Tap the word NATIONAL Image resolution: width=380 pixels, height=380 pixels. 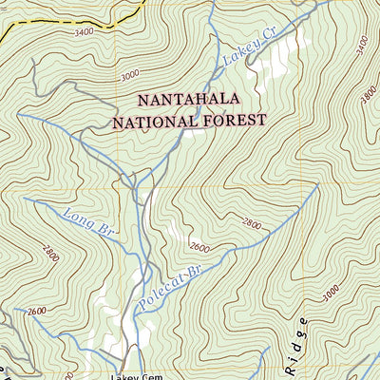point(154,122)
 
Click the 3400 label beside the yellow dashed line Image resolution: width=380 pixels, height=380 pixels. point(83,33)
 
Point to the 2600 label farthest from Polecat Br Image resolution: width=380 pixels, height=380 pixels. point(37,312)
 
